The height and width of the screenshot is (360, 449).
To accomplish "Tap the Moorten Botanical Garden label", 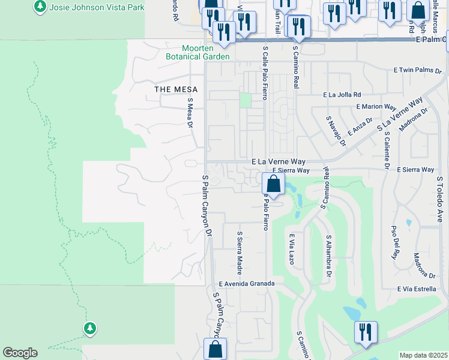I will (198, 53).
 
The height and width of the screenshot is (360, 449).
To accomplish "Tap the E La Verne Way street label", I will (279, 162).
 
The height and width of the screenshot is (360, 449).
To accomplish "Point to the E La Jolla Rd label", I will (342, 95).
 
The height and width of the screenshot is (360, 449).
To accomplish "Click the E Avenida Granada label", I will (247, 284).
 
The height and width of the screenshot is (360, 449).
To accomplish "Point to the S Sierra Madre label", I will (239, 250).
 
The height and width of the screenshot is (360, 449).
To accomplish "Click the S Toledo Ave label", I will (439, 200).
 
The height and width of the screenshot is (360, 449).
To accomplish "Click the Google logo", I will (20, 353).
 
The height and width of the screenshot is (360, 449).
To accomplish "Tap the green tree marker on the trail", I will (90, 328).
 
